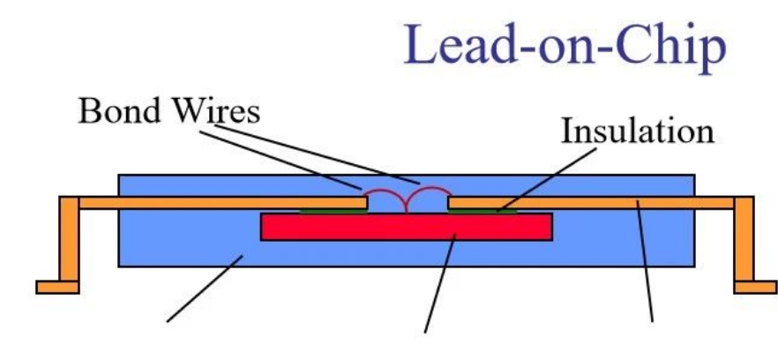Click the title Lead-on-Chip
565,48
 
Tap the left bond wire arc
385,195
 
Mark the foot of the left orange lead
57,287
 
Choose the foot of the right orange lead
755,287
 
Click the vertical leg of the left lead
69,238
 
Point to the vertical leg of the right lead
744,238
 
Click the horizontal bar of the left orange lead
221,203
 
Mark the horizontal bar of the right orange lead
600,203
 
